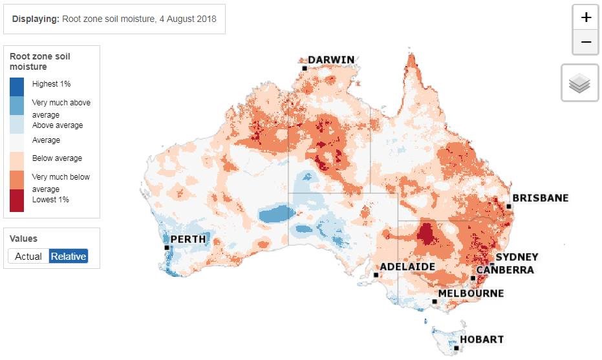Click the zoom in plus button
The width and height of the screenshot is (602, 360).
[586, 17]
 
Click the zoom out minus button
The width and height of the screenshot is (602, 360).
[586, 42]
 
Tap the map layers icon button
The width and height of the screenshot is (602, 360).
[580, 83]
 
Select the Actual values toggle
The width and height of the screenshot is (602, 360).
[28, 256]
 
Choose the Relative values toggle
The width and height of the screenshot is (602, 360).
[69, 256]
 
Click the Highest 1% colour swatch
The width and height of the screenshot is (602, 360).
[17, 87]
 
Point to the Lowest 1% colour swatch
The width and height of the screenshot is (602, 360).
[17, 200]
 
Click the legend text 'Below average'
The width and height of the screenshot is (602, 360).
[57, 158]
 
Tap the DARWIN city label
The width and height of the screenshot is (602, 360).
[331, 60]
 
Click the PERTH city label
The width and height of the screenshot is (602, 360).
[188, 239]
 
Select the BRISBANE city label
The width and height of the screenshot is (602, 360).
[540, 198]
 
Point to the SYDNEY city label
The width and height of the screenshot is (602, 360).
[517, 257]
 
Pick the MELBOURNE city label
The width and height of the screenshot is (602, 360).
[471, 293]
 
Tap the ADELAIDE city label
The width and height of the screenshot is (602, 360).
[407, 266]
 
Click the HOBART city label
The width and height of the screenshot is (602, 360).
[482, 339]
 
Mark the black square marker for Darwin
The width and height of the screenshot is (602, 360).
[304, 67]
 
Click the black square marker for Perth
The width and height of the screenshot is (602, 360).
[167, 248]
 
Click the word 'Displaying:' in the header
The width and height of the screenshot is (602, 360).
[36, 19]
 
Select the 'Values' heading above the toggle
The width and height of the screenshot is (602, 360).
[23, 238]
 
